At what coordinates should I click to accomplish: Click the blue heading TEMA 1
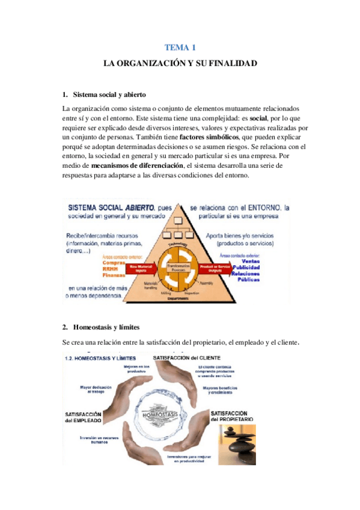[180, 47]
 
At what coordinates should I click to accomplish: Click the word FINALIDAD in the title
[232, 63]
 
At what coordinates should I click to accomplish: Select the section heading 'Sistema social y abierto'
[109, 94]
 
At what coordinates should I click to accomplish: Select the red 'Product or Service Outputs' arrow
[215, 269]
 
